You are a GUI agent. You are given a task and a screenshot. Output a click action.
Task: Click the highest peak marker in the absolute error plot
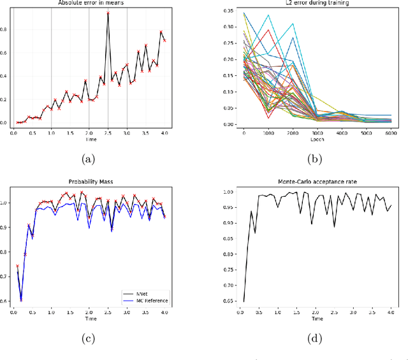tap(108, 13)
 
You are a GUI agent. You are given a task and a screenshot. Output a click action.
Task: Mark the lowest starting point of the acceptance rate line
tap(244, 301)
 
